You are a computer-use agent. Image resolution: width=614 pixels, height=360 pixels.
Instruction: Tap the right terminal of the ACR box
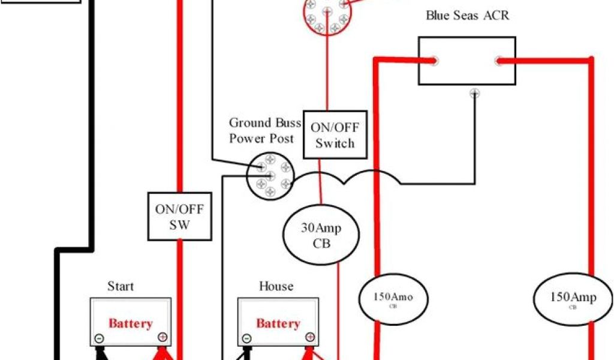[x=498, y=60]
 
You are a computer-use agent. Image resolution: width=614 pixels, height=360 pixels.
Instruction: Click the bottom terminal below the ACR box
[x=474, y=93]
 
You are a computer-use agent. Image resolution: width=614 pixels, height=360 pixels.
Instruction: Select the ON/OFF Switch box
[x=335, y=135]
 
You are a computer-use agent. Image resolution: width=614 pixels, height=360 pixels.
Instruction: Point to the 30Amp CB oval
[x=321, y=236]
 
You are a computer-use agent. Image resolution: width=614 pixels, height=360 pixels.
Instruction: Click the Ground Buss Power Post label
[x=261, y=131]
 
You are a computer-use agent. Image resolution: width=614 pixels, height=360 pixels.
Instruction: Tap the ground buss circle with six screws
[x=270, y=175]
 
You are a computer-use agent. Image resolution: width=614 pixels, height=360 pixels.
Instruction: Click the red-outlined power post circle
[x=326, y=14]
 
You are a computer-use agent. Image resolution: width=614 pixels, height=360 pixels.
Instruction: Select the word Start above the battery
[x=121, y=286]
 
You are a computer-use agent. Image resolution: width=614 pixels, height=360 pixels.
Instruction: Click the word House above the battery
[x=276, y=286]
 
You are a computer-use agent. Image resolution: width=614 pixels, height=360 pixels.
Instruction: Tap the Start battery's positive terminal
[x=162, y=338]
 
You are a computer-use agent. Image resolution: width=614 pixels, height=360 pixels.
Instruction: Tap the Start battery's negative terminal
[x=99, y=338]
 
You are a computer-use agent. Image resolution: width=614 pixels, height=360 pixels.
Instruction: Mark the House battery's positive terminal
[x=309, y=338]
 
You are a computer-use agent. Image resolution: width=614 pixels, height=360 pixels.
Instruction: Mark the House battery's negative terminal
[x=246, y=338]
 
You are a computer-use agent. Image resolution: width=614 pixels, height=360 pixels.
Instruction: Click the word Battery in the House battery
[x=278, y=323]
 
